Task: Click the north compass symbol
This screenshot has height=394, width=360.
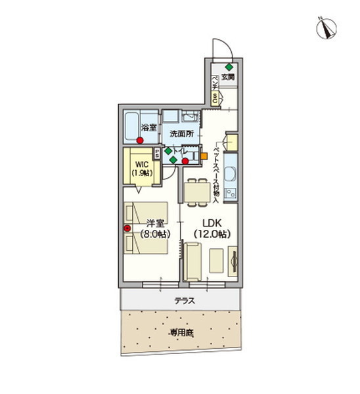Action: click(325, 27)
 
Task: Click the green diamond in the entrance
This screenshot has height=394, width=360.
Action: click(228, 67)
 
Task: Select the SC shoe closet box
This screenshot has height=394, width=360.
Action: click(215, 98)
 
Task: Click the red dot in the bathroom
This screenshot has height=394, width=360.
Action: click(141, 140)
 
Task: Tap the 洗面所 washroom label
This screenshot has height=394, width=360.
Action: click(181, 134)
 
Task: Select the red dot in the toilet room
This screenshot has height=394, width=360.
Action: click(185, 160)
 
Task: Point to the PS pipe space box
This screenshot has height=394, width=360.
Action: click(158, 154)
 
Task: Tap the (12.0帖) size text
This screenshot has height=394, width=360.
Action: click(211, 234)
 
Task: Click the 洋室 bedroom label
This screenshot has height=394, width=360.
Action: click(155, 223)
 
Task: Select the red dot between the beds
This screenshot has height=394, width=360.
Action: click(127, 229)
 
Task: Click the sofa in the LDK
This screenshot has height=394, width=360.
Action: click(193, 261)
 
